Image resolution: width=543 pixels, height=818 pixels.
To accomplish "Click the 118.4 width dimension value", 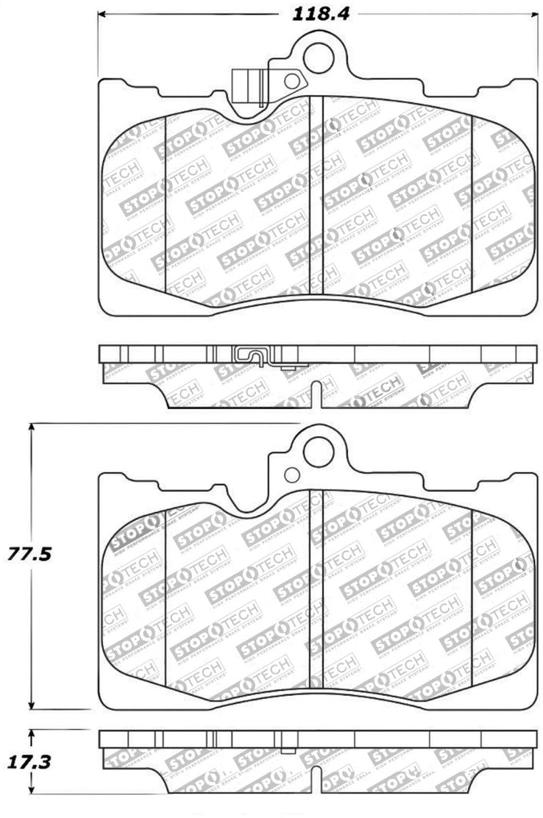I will pyautogui.click(x=317, y=13).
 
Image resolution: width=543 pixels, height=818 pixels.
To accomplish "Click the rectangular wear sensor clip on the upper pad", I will pyautogui.click(x=249, y=85).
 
